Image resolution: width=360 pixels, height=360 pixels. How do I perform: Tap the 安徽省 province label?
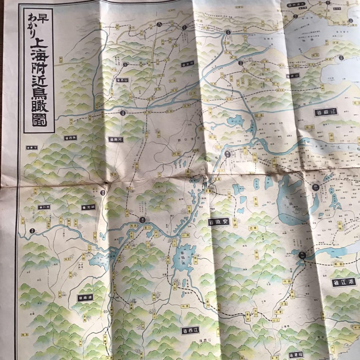coord(219,222)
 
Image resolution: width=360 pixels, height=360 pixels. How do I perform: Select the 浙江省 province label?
coord(344,282)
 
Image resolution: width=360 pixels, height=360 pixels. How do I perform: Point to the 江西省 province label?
coord(190,330)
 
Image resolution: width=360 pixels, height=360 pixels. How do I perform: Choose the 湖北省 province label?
coord(89,207)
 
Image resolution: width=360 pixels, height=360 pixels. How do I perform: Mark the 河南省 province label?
coord(116,139)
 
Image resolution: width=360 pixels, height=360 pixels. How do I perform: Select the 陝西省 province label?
coord(71,137)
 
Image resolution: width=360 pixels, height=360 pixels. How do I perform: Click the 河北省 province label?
coord(188,64)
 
